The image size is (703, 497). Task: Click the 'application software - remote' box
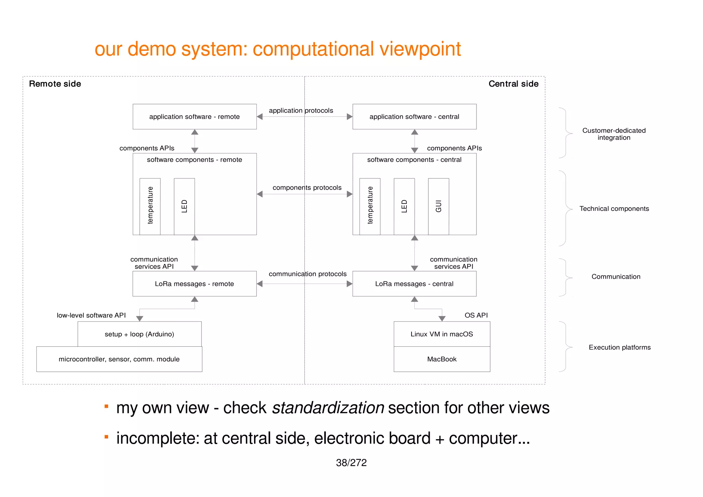[195, 117]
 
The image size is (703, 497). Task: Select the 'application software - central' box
[414, 117]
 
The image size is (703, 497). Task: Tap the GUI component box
[438, 206]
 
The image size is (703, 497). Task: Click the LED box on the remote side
[184, 206]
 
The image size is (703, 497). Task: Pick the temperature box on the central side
[370, 206]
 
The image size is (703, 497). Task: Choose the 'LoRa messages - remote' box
[195, 284]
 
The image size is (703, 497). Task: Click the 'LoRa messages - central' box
[414, 284]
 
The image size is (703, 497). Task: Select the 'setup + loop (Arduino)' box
[139, 334]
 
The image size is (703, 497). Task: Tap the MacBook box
[442, 359]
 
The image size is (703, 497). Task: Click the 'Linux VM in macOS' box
[442, 334]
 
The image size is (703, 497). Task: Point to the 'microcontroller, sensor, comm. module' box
[119, 359]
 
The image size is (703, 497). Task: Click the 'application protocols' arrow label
[301, 111]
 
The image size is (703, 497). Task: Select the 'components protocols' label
[307, 188]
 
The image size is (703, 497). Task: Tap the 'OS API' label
[476, 315]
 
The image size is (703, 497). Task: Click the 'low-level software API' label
[91, 315]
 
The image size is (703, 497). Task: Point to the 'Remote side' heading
[55, 84]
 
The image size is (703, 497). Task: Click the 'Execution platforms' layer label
[620, 347]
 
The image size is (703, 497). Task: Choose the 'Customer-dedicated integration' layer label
[614, 134]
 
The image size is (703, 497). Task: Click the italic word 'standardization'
[328, 408]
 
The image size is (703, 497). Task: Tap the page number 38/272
[351, 463]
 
